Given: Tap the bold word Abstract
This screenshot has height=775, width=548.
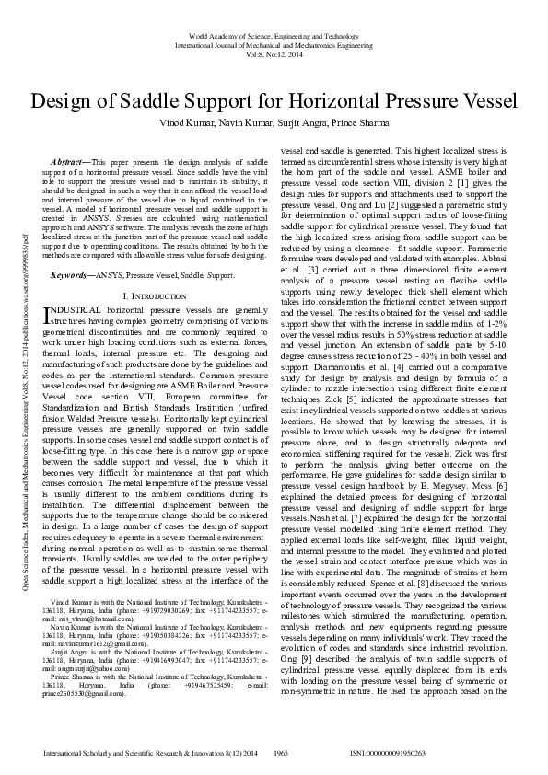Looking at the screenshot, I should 70,161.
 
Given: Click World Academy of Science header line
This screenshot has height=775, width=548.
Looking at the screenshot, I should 274,32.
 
